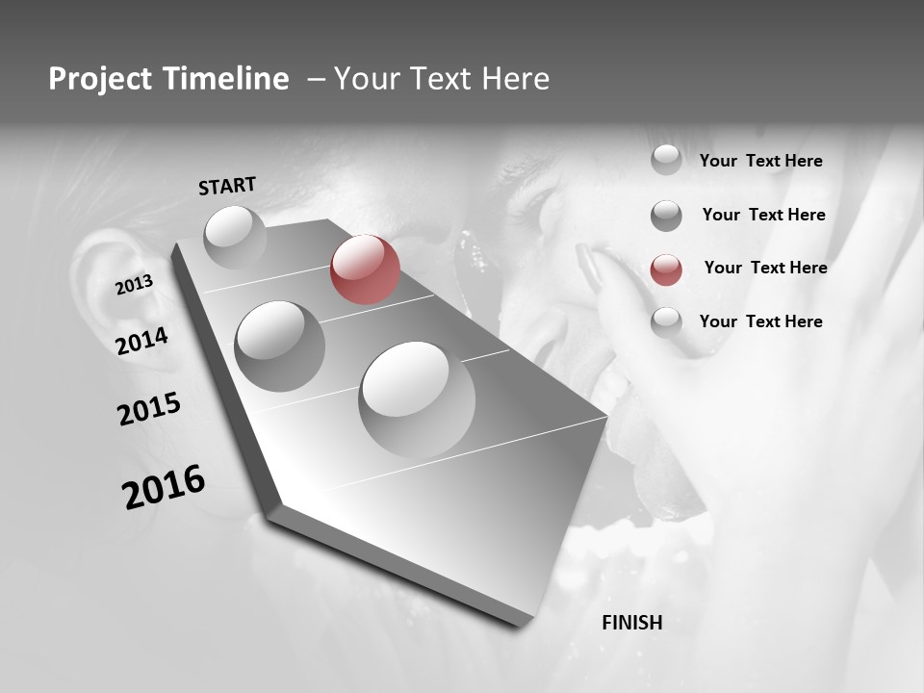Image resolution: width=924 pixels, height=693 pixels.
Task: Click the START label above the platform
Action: pyautogui.click(x=227, y=186)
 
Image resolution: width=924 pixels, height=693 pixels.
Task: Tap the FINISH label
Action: pyautogui.click(x=631, y=623)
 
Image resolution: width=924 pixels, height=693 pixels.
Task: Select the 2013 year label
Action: pyautogui.click(x=134, y=285)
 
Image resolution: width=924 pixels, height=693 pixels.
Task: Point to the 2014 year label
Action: pyautogui.click(x=141, y=341)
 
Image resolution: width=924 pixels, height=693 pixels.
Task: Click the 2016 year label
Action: pyautogui.click(x=164, y=487)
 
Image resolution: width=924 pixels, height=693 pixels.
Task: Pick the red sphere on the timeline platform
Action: pyautogui.click(x=365, y=269)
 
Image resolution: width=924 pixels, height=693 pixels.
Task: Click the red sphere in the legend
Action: pyautogui.click(x=666, y=269)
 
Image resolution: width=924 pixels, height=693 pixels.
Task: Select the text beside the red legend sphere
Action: pyautogui.click(x=765, y=268)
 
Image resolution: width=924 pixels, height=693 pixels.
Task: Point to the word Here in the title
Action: pyautogui.click(x=515, y=79)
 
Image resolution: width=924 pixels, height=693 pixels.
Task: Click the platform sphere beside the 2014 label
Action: pyautogui.click(x=279, y=346)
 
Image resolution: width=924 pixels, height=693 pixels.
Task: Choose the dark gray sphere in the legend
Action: pyautogui.click(x=666, y=216)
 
